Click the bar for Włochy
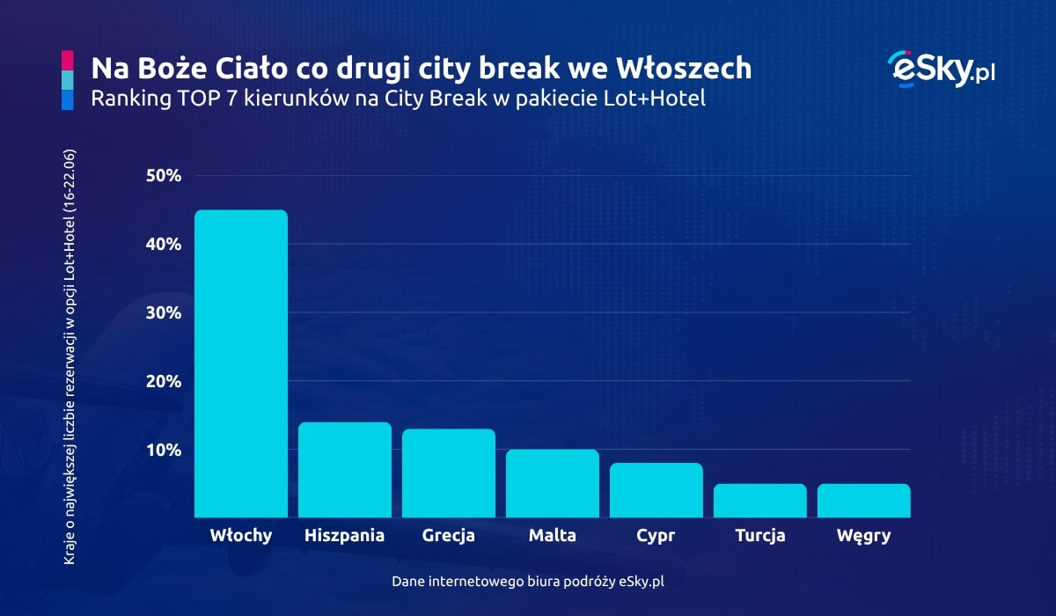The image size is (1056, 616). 240,363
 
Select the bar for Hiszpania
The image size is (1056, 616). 344,470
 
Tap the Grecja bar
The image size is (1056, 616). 448,473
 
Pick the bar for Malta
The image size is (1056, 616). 552,483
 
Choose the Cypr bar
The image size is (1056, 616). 656,490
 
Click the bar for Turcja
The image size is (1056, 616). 759,501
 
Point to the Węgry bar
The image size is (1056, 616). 863,501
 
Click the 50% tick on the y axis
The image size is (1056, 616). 163,175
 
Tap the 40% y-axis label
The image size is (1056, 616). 163,244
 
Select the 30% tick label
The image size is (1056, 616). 163,312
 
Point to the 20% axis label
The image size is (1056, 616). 163,381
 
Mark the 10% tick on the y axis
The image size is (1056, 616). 163,450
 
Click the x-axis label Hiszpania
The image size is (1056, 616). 344,535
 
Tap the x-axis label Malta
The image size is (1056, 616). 553,535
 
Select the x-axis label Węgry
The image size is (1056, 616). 863,536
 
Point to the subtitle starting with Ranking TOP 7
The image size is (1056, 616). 398,99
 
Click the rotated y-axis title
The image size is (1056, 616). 70,356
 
